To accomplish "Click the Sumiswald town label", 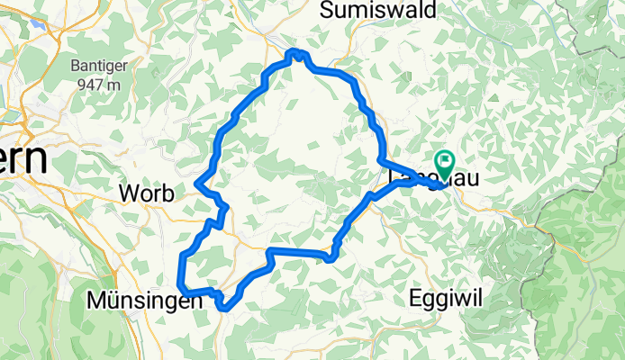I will pyautogui.click(x=378, y=11).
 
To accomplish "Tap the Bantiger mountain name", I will pyautogui.click(x=97, y=67).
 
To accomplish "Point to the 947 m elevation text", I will pyautogui.click(x=97, y=85).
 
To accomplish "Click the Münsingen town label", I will pyautogui.click(x=144, y=301).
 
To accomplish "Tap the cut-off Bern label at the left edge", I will pyautogui.click(x=23, y=162).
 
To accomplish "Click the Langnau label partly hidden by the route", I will pyautogui.click(x=423, y=179).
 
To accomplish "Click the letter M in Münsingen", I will pyautogui.click(x=95, y=301).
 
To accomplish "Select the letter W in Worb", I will pyautogui.click(x=127, y=193).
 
